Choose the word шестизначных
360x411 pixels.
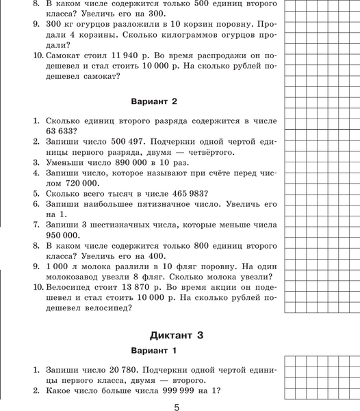(127, 225)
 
